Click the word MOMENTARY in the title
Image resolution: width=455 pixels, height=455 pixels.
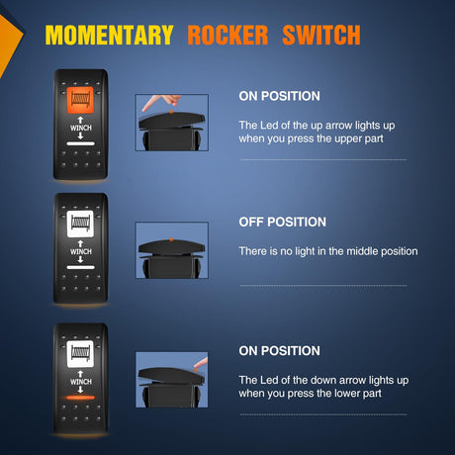click(x=109, y=35)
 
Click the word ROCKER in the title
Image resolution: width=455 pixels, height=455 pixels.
click(x=227, y=35)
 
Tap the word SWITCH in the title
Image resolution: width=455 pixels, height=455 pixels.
click(x=321, y=35)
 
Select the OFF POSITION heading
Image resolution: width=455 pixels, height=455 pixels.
click(x=283, y=222)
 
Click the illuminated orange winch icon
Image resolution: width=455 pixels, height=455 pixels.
click(x=80, y=100)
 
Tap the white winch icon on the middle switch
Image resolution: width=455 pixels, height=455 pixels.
click(x=80, y=224)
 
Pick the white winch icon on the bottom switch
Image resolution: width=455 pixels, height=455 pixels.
click(x=80, y=354)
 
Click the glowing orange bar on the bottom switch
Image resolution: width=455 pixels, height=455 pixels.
click(x=80, y=398)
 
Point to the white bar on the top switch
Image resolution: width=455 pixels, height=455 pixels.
click(x=80, y=143)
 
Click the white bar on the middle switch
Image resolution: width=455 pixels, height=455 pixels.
click(x=80, y=267)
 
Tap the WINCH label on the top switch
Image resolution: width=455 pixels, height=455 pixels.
click(x=81, y=128)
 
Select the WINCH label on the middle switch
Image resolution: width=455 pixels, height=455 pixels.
click(x=81, y=251)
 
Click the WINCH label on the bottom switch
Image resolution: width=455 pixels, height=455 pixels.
click(x=81, y=382)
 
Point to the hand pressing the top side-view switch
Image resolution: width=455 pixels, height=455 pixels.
click(x=162, y=102)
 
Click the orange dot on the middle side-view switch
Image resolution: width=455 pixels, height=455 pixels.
click(x=171, y=239)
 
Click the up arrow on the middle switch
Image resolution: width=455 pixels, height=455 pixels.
click(x=80, y=243)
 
